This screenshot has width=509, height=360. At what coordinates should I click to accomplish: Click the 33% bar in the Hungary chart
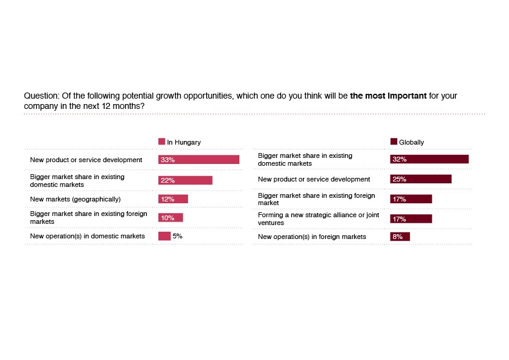[199, 160]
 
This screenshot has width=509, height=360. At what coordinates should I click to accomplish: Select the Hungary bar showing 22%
[185, 180]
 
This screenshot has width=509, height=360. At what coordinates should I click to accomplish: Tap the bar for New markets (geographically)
[173, 199]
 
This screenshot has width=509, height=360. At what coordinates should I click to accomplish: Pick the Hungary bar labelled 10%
[170, 217]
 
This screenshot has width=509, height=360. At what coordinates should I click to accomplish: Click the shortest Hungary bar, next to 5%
[164, 236]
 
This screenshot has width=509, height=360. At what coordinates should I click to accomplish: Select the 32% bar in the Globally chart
[429, 159]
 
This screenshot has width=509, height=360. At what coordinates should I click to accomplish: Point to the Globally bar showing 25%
[421, 179]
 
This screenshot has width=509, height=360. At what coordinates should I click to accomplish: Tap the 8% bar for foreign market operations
[400, 237]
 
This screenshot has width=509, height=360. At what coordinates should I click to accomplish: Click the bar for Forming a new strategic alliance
[411, 219]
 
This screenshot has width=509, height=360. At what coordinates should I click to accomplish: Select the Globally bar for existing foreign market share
[411, 199]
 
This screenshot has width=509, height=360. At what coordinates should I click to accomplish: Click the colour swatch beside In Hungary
[161, 142]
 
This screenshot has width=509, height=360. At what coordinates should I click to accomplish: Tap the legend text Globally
[411, 142]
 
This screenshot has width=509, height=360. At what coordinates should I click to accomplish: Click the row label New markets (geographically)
[76, 199]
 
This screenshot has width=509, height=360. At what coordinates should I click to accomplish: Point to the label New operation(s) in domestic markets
[88, 236]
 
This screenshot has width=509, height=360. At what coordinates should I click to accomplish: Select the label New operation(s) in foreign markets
[312, 237]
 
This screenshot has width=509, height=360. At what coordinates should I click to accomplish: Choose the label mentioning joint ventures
[319, 218]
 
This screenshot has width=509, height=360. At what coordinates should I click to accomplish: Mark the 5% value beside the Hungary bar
[177, 236]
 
